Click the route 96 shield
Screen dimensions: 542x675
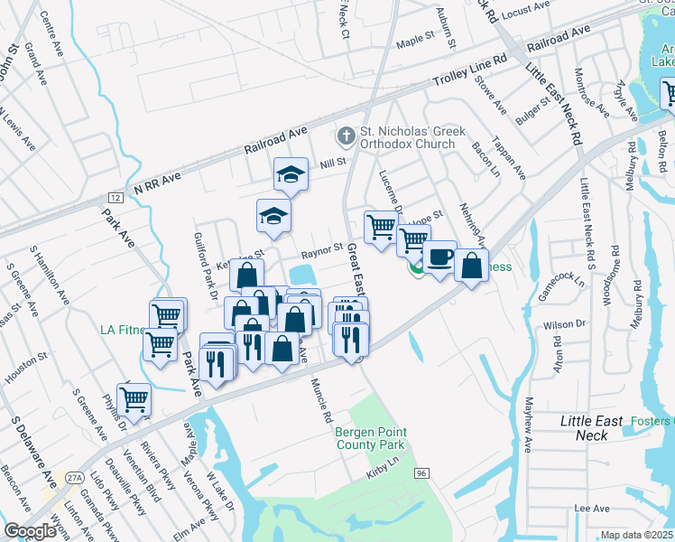[x=421, y=472]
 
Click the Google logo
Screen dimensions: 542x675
[x=30, y=531]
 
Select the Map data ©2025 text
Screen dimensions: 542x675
[x=636, y=535]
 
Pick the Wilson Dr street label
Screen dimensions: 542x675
[x=567, y=323]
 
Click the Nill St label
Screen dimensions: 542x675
[x=333, y=164]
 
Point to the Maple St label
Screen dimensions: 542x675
[x=415, y=42]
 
